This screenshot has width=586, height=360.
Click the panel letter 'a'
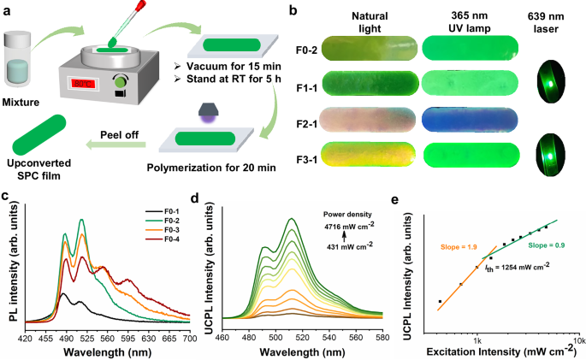pos(7,9)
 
